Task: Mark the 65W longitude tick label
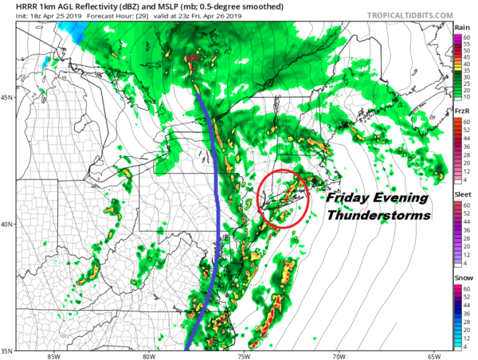(434, 354)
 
